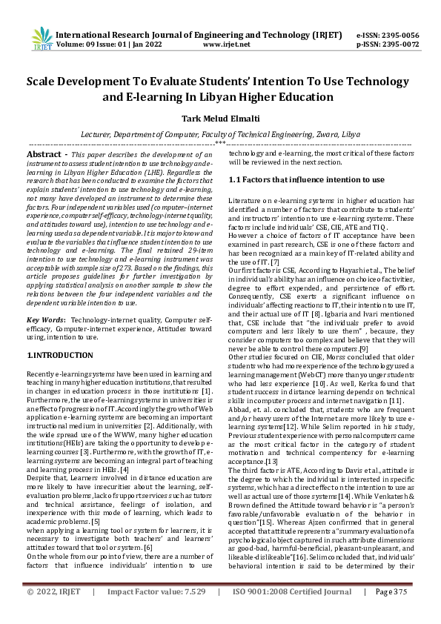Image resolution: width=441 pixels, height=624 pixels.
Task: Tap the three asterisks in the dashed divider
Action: point(220,142)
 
